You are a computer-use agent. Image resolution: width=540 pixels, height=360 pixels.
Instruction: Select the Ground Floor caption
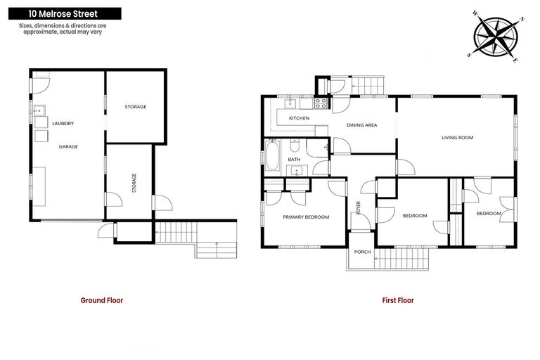(102, 300)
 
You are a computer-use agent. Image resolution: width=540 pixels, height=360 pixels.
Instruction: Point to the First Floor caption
(398, 300)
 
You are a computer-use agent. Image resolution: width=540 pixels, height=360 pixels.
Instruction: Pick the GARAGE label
(68, 146)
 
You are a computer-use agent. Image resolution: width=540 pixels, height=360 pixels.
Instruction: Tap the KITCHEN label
(299, 118)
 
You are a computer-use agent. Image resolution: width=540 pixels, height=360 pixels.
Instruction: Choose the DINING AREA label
(362, 125)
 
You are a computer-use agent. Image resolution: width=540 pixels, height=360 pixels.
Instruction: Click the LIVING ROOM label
(457, 138)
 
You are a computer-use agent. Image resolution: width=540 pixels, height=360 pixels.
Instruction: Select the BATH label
(294, 160)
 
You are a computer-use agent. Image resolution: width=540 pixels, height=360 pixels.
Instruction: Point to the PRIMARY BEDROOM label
(306, 217)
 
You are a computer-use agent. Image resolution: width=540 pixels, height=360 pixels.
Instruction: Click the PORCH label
(362, 252)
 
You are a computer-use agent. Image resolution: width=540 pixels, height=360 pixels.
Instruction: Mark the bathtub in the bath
(272, 155)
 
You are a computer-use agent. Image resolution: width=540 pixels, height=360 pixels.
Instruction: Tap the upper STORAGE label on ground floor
(135, 107)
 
